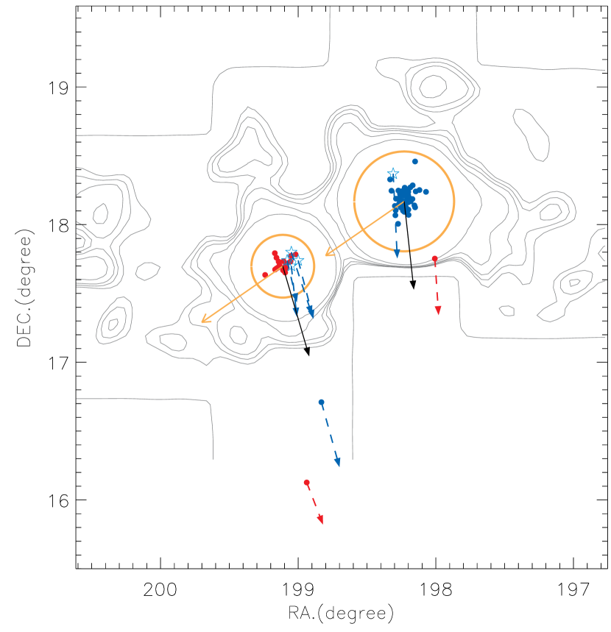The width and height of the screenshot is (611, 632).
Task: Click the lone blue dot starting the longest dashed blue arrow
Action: (x=321, y=402)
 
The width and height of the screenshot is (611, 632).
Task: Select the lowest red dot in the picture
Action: (x=306, y=482)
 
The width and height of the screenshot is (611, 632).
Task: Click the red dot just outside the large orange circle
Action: (x=434, y=259)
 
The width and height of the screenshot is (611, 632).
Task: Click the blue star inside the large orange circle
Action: (x=393, y=174)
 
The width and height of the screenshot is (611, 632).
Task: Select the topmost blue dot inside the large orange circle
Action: (x=415, y=161)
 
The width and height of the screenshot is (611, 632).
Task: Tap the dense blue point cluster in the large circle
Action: (x=403, y=197)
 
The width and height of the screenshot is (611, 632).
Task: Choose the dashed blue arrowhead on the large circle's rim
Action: (x=397, y=255)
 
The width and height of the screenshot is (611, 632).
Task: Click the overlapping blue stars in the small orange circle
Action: (x=294, y=258)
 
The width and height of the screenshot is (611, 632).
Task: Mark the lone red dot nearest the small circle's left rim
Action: (x=265, y=274)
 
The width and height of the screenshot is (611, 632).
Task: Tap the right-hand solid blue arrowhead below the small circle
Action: (x=311, y=314)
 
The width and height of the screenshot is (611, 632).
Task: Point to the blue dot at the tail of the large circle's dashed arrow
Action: (x=398, y=224)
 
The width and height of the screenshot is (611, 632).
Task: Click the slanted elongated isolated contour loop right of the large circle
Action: (x=531, y=134)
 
